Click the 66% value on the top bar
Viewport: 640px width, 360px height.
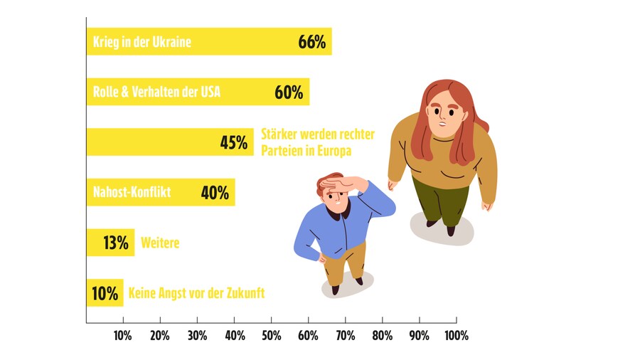tap(312, 42)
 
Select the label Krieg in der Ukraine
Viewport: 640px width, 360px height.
tap(142, 43)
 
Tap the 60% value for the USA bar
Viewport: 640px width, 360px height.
tap(289, 92)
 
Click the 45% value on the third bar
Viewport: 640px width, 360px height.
tap(233, 142)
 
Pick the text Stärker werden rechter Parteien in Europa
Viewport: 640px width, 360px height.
tap(317, 142)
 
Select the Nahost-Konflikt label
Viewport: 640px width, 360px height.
tap(132, 192)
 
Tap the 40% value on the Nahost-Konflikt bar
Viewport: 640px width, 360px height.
tap(214, 192)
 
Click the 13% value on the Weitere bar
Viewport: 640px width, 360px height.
tap(115, 243)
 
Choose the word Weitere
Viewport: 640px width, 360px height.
tap(160, 243)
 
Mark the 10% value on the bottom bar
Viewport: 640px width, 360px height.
tap(104, 293)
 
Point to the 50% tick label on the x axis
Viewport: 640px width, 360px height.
tap(271, 335)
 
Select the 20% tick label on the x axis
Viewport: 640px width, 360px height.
tap(160, 335)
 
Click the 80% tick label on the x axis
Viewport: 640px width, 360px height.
tap(382, 335)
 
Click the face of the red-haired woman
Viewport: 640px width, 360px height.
tap(444, 112)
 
